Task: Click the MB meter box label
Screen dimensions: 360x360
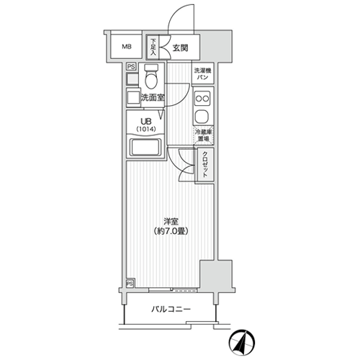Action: point(127,47)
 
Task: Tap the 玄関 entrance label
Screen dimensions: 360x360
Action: point(180,48)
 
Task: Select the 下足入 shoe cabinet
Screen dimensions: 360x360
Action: point(153,47)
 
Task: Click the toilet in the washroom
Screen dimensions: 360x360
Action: point(151,76)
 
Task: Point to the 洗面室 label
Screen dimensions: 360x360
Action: point(153,98)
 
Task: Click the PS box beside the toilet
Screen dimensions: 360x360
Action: point(131,66)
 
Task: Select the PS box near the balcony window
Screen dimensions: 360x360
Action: point(130,284)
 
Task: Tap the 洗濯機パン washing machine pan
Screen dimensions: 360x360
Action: point(203,73)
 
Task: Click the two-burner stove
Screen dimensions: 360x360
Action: point(203,99)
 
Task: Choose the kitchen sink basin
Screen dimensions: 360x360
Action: point(203,117)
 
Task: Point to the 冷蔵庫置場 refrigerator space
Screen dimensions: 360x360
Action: point(204,135)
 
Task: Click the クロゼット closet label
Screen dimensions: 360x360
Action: point(205,164)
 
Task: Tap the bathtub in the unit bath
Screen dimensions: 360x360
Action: point(145,148)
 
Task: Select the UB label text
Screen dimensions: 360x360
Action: point(146,122)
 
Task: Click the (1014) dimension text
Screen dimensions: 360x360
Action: point(146,129)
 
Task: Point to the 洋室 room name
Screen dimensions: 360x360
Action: point(171,221)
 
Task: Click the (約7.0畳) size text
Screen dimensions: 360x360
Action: point(171,231)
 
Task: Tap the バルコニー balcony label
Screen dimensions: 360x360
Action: point(171,310)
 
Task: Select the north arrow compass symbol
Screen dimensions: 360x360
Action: point(242,342)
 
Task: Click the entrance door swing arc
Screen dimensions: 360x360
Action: point(175,12)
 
